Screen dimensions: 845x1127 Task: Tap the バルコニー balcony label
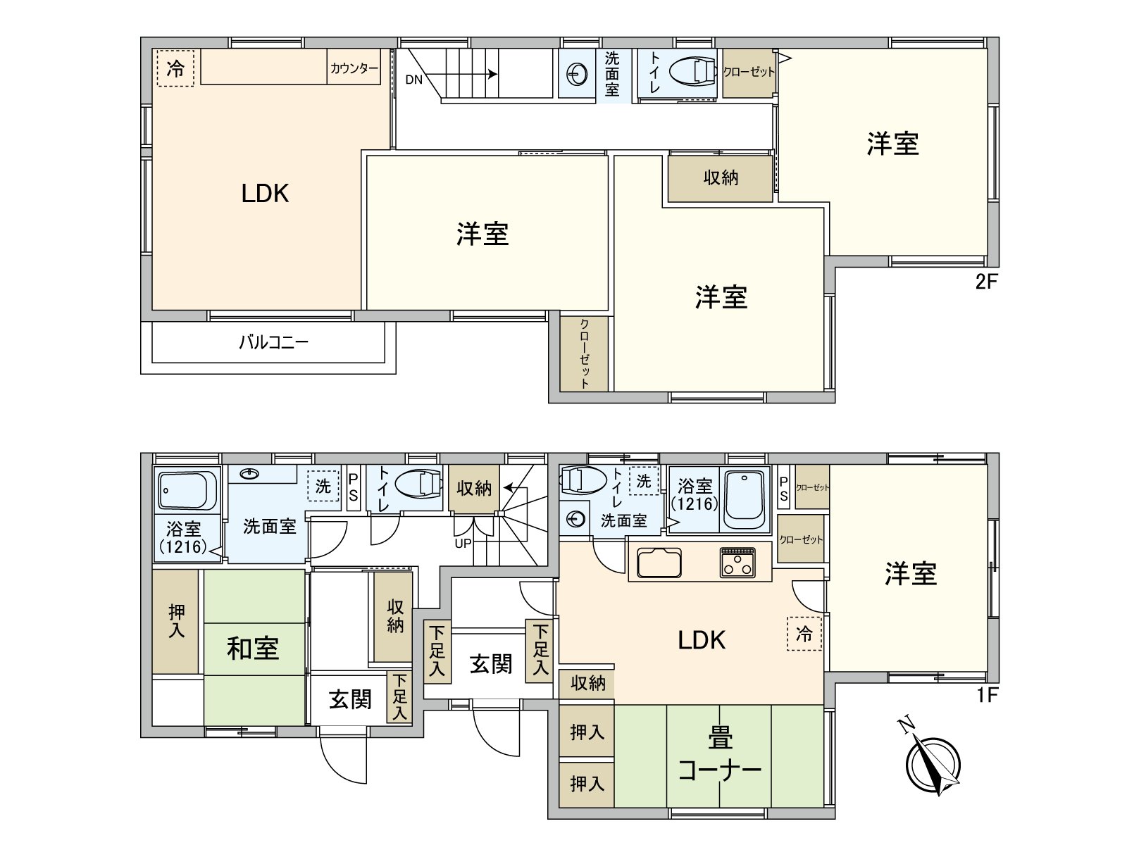click(x=273, y=343)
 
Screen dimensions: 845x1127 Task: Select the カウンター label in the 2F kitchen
click(x=354, y=68)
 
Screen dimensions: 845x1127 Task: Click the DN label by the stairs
click(x=413, y=80)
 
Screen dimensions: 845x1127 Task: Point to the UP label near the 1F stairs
click(x=463, y=544)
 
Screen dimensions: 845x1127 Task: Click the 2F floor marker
click(x=987, y=282)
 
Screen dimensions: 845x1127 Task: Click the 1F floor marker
click(x=988, y=695)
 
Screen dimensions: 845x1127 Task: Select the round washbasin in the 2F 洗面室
click(x=577, y=73)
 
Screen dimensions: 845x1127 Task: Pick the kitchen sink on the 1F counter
click(x=659, y=562)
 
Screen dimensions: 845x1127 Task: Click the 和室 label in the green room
click(x=253, y=648)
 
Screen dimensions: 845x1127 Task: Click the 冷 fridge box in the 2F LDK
click(x=175, y=68)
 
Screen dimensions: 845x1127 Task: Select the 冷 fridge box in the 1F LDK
click(x=804, y=633)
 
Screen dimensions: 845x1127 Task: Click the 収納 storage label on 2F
click(x=720, y=177)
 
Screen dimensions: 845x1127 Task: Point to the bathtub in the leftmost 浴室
click(x=186, y=489)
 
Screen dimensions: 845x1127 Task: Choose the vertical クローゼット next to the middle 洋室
click(x=584, y=353)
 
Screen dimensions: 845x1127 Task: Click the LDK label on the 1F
click(x=702, y=639)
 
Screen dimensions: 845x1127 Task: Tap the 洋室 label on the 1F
click(x=910, y=574)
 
